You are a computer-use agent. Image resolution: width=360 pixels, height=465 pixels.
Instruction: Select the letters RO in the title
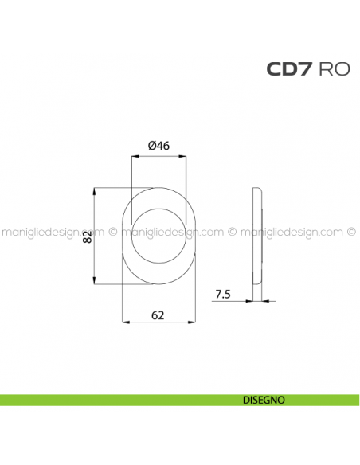tap(334, 69)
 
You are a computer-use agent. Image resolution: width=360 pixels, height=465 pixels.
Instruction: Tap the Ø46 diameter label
tap(159, 145)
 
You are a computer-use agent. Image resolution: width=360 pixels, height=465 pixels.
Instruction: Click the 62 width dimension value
tap(158, 315)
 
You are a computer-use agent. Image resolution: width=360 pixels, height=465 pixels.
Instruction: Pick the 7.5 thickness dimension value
tap(223, 295)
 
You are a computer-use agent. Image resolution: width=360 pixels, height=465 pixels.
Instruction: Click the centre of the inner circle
tap(159, 235)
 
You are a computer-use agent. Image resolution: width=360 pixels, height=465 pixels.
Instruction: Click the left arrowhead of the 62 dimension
tap(124, 322)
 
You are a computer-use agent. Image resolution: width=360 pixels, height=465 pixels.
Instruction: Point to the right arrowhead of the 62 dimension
tap(194, 322)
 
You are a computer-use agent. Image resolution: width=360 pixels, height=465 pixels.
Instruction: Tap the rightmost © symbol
tap(351, 232)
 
